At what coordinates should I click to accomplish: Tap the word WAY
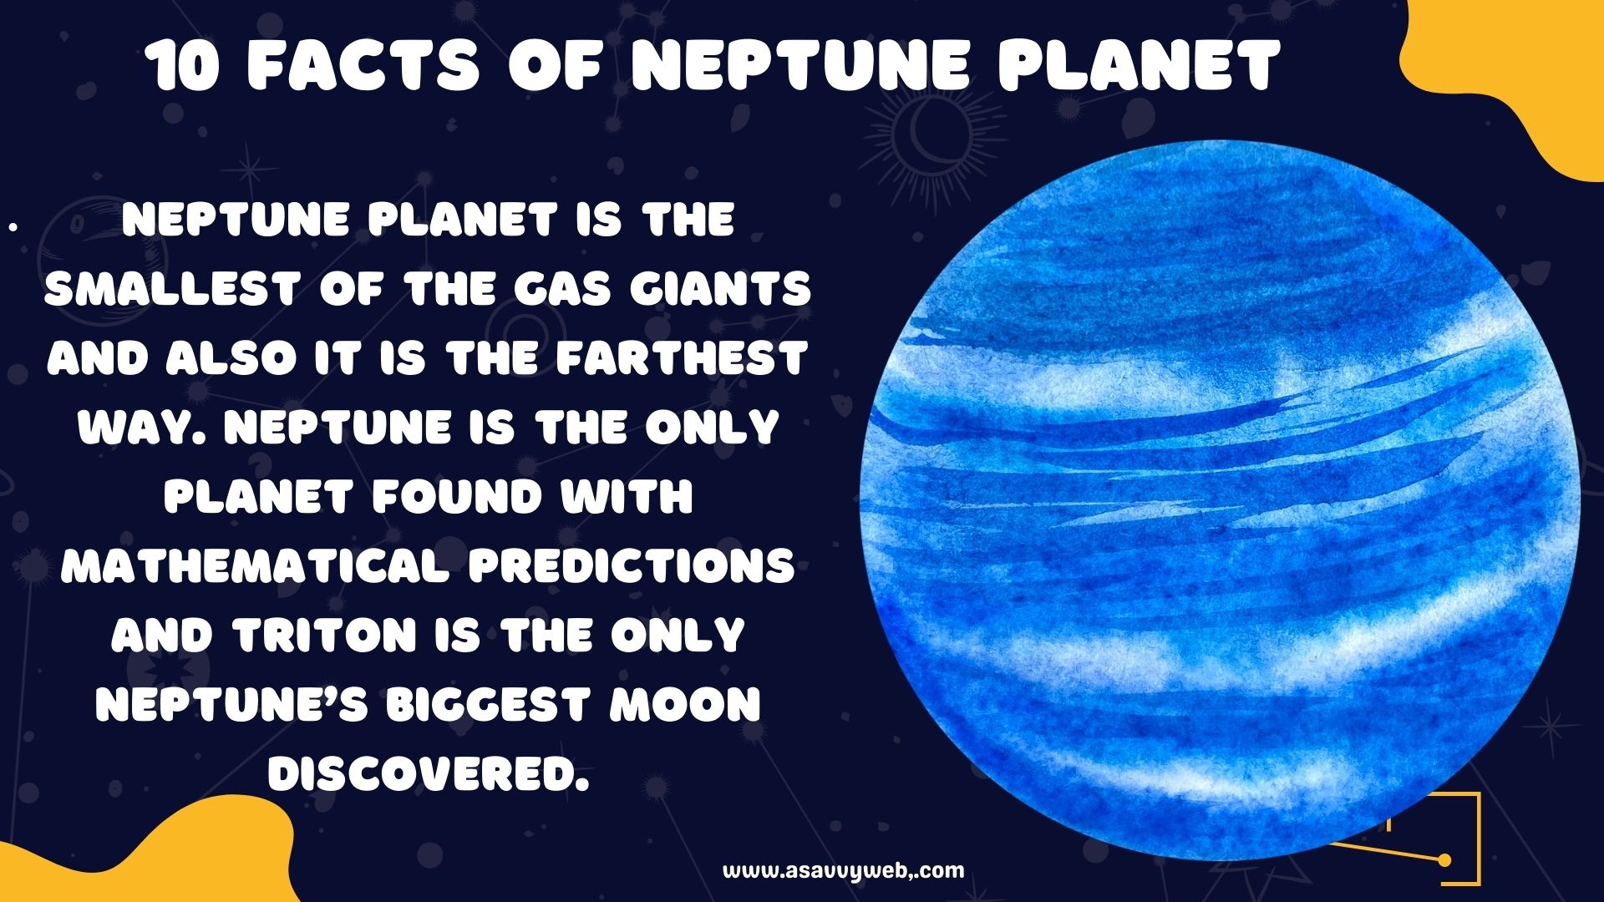tap(143, 428)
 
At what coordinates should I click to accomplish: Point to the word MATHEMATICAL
tap(257, 566)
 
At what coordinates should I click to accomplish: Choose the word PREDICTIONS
tap(632, 566)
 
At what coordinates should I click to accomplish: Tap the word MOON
tap(685, 705)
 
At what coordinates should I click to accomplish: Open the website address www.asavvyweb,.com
tap(843, 871)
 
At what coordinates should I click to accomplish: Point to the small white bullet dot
tap(13, 225)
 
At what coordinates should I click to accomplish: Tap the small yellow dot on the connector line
tap(1444, 859)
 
